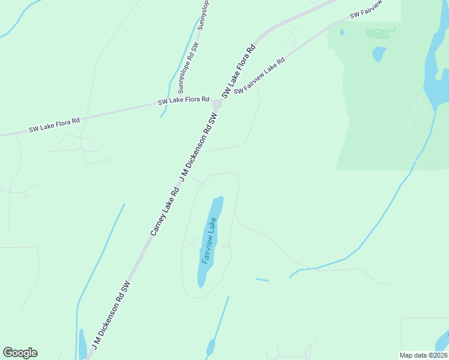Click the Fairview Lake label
(209, 241)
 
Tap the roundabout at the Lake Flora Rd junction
(217, 104)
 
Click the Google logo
(20, 353)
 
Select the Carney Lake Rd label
(165, 211)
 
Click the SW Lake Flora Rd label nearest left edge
(54, 125)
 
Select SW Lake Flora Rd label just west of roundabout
(184, 101)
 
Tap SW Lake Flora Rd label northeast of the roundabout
(239, 70)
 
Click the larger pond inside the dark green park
(379, 54)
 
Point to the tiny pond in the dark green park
(342, 32)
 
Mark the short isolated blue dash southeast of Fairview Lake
(262, 280)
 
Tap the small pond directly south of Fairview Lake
(211, 347)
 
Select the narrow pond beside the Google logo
(82, 344)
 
